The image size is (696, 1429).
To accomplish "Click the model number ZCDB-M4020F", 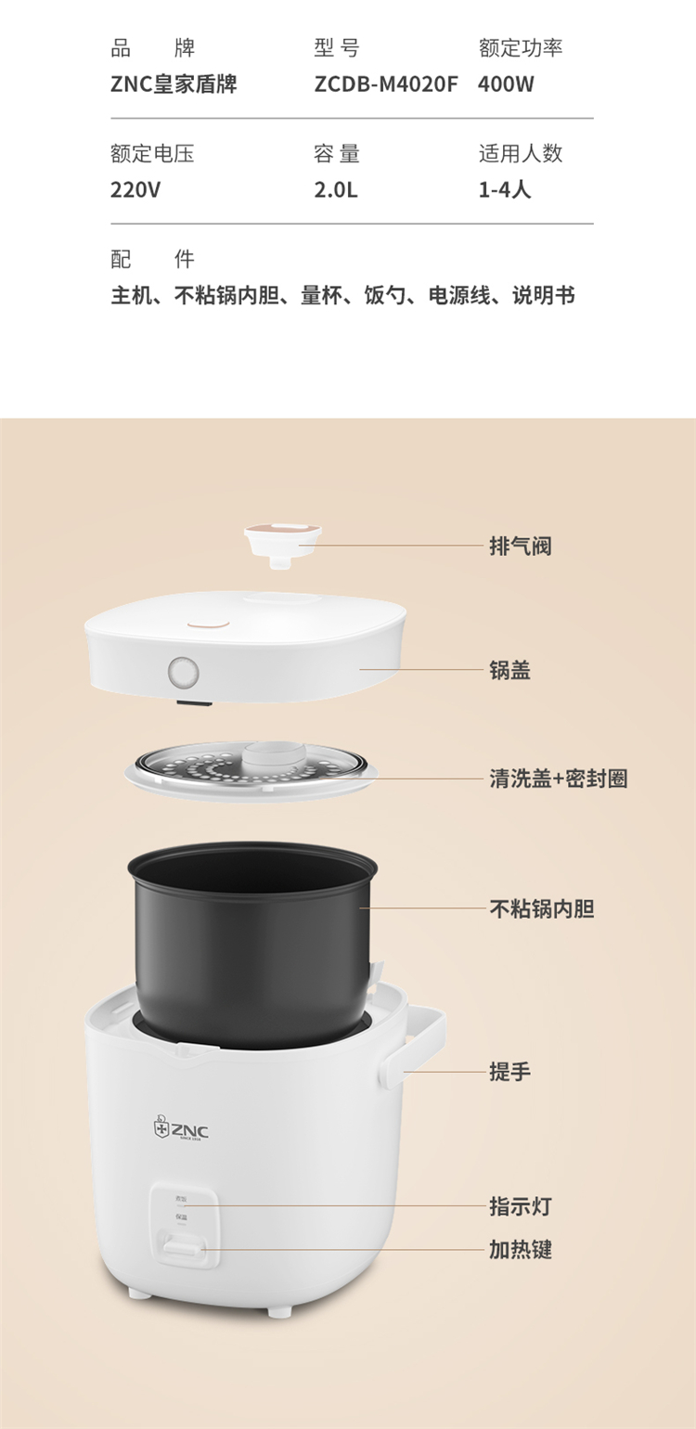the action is coord(385,84).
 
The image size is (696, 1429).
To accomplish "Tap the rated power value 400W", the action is coord(505,84).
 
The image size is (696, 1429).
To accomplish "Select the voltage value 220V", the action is coord(135,189).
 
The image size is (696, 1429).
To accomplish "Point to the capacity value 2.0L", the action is coord(336,189).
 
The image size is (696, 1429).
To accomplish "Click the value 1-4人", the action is coord(505,189).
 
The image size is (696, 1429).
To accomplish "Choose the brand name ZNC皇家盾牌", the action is coord(174,84).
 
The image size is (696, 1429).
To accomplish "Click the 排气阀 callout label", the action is coord(521,546).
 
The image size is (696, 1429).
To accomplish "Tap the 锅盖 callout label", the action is coord(509,670).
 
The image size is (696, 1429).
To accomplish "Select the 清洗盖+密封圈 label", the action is coord(559,779).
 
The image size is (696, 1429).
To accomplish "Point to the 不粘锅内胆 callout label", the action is coord(542,908).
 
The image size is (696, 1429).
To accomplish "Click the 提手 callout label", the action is coord(509,1071).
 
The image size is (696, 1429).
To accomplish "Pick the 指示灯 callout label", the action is coord(521,1205).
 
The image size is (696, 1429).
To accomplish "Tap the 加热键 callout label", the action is coord(521,1249).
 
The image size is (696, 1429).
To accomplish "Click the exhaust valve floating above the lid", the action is coord(283,545).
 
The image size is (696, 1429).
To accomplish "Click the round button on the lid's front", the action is coord(184,672).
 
